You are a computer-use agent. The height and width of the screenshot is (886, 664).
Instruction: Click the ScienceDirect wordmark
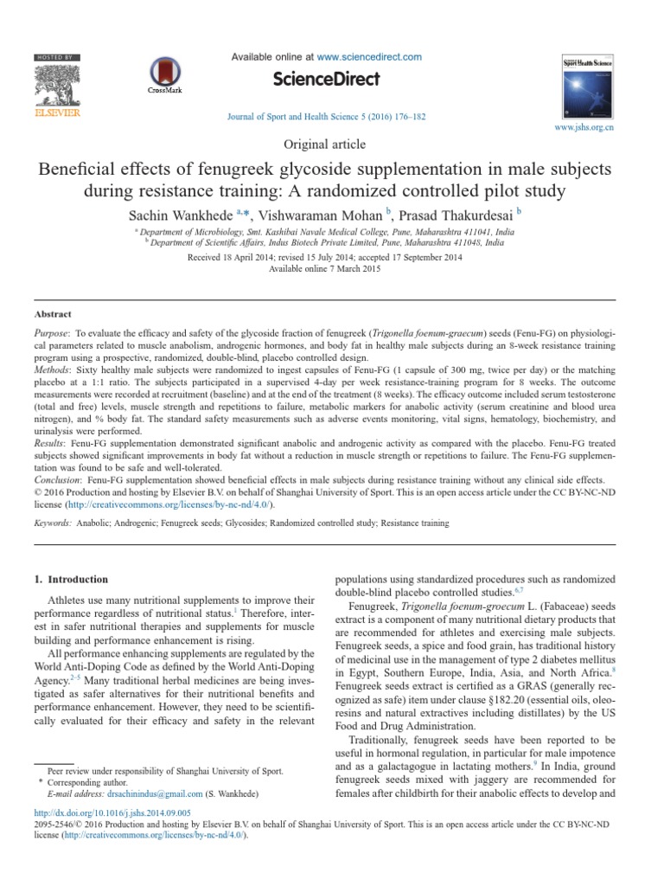point(327,80)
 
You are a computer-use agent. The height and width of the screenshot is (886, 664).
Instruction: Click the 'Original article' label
point(331,144)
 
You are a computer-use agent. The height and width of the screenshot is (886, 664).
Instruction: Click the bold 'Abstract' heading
point(54,314)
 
